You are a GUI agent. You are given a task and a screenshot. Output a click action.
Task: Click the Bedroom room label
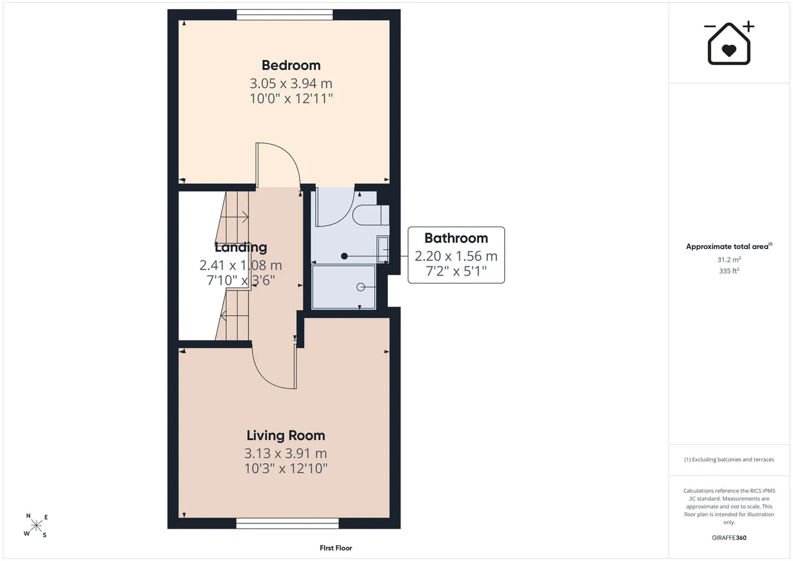pos(291,65)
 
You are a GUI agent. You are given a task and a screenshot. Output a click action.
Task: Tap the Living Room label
pos(285,435)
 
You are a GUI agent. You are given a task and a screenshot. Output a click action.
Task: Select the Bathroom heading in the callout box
pos(456,238)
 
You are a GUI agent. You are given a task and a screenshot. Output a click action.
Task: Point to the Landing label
pos(241,247)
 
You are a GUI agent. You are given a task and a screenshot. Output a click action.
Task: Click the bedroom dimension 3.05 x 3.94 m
pos(291,83)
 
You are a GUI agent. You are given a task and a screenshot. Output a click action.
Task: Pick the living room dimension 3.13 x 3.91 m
pos(285,453)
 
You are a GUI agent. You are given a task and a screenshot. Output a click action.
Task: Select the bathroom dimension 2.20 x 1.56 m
pos(456,256)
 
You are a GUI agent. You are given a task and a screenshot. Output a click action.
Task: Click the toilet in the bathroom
pos(371,215)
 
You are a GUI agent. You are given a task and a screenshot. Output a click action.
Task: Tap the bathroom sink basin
pos(383,250)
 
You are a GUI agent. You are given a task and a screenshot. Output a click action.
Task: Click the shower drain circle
pos(361,287)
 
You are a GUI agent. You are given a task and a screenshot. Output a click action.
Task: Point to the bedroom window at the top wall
pos(285,15)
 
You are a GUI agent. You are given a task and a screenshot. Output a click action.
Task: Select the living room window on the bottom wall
pos(287,523)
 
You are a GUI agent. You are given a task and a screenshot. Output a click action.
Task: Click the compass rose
pos(36,526)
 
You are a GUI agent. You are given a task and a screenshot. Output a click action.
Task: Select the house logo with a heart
pos(729,43)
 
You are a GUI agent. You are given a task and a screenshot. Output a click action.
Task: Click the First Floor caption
pos(336,548)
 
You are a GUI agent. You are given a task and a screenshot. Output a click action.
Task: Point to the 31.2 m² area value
pos(729,260)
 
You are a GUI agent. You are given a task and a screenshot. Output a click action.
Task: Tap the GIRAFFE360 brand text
pos(729,538)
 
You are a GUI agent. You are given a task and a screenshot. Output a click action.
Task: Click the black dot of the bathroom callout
pos(344,256)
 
